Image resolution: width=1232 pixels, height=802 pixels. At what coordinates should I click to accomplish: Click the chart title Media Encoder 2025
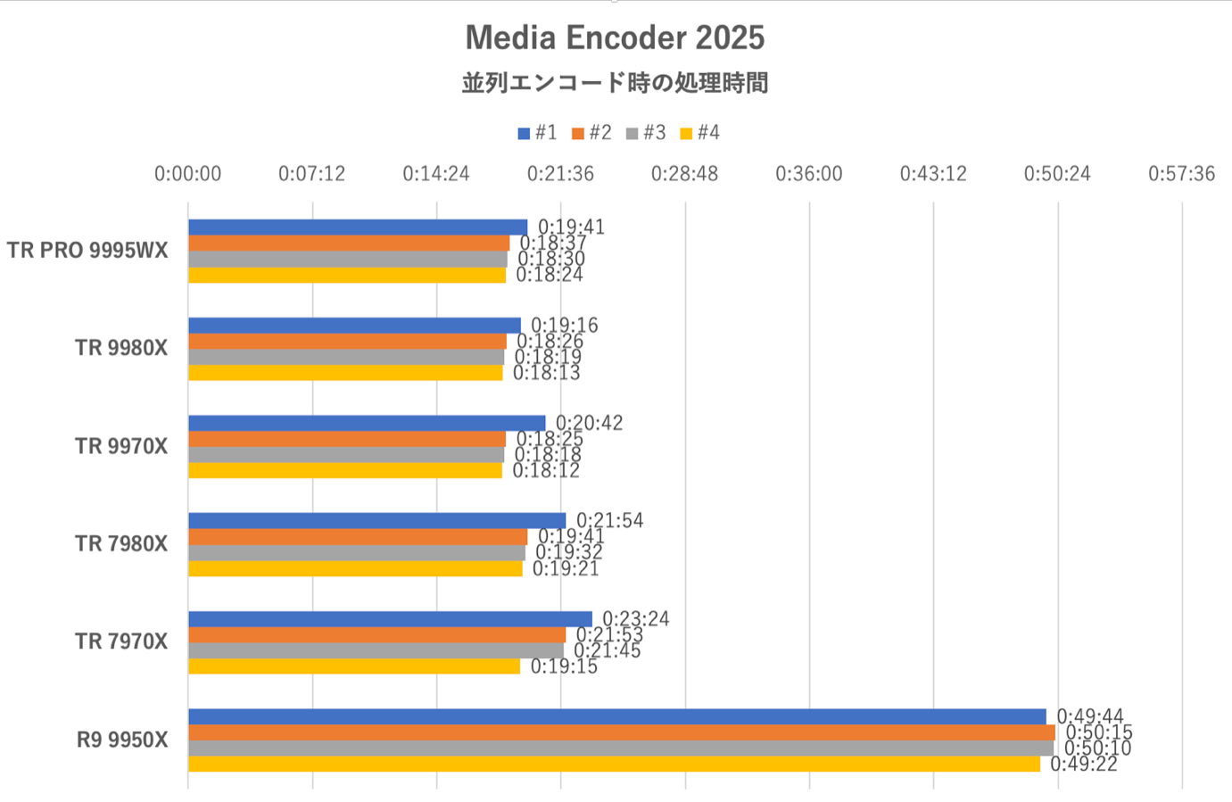[615, 37]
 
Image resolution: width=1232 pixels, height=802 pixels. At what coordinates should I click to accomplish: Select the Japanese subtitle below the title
[615, 83]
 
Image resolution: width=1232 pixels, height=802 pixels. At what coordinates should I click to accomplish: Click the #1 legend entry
[538, 133]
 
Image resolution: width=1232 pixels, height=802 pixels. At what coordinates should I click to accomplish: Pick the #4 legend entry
[700, 133]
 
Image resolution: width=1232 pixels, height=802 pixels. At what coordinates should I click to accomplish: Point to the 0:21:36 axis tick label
[560, 173]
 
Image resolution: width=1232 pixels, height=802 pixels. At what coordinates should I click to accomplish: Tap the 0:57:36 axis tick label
[1181, 173]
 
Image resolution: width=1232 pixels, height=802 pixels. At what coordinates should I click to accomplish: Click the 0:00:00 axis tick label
[187, 173]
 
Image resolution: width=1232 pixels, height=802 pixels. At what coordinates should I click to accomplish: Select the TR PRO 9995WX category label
[87, 251]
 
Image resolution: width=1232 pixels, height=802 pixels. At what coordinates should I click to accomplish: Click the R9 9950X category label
[122, 740]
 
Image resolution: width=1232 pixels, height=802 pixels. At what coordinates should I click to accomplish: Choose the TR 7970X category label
[121, 641]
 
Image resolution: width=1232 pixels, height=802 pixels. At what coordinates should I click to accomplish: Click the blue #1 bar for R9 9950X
[616, 716]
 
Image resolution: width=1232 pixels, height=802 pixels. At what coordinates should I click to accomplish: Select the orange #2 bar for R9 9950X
[621, 732]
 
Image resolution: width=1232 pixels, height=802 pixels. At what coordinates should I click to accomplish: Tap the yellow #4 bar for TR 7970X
[353, 666]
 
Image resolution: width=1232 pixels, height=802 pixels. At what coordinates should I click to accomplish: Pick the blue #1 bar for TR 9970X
[367, 423]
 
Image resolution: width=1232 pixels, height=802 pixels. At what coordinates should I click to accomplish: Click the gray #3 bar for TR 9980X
[346, 357]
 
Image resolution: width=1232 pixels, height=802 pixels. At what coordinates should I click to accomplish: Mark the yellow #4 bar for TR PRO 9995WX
[347, 275]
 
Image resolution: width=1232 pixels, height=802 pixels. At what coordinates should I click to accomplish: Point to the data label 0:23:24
[636, 618]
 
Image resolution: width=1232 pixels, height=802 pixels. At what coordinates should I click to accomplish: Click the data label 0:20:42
[590, 423]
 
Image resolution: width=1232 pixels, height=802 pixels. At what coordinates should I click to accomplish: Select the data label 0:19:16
[565, 325]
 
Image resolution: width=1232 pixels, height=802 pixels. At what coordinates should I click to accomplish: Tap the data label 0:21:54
[610, 520]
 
